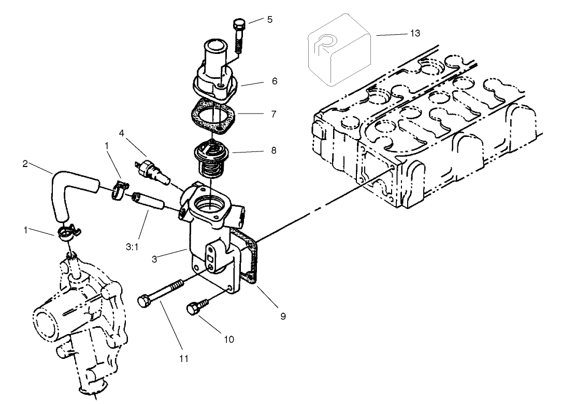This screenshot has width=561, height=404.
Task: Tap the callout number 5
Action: pyautogui.click(x=269, y=20)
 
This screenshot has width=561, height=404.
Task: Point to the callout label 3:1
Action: pyautogui.click(x=131, y=247)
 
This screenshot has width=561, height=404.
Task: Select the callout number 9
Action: pyautogui.click(x=283, y=315)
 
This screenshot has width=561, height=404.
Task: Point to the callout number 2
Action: pyautogui.click(x=25, y=164)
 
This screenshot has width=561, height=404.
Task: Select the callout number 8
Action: pyautogui.click(x=273, y=150)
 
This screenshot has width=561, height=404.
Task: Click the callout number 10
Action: pyautogui.click(x=228, y=339)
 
